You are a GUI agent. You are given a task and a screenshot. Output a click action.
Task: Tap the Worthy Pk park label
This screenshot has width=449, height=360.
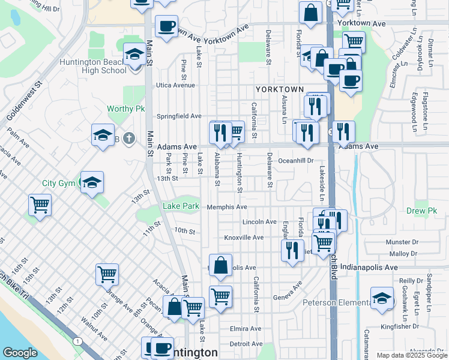click(x=126, y=109)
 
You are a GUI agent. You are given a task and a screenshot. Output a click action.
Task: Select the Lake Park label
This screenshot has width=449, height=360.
click(x=181, y=207)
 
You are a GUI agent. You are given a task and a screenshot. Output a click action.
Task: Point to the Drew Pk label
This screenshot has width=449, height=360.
click(x=424, y=211)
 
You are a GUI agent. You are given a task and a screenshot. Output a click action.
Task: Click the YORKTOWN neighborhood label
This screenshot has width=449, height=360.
click(x=279, y=89)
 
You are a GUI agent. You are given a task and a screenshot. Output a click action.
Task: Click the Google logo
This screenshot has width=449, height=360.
click(x=20, y=353)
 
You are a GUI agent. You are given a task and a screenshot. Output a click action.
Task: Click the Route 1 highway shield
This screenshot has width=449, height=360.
click(x=77, y=341)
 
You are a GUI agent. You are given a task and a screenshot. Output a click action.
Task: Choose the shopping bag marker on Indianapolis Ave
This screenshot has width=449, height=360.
click(x=221, y=266)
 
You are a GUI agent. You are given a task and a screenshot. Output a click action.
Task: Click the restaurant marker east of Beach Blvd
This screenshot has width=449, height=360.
click(x=343, y=131)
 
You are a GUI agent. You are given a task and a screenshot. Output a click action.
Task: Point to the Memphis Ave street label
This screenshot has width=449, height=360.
click(x=227, y=207)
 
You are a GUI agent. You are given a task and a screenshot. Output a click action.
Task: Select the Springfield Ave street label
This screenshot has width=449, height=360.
click(x=179, y=116)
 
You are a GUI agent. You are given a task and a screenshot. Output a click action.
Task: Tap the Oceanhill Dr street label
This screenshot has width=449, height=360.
click(x=296, y=161)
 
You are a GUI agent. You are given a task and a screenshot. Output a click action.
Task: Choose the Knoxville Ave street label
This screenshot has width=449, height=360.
click(x=244, y=238)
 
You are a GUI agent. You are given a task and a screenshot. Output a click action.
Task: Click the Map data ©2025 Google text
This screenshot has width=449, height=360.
click(x=411, y=355)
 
